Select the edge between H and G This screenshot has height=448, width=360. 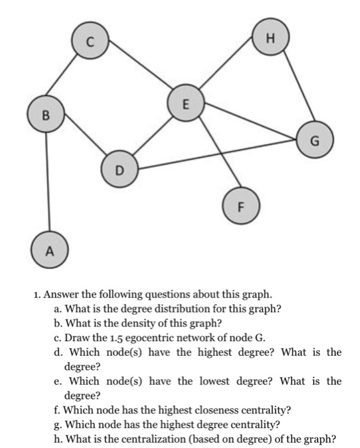tap(294, 88)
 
